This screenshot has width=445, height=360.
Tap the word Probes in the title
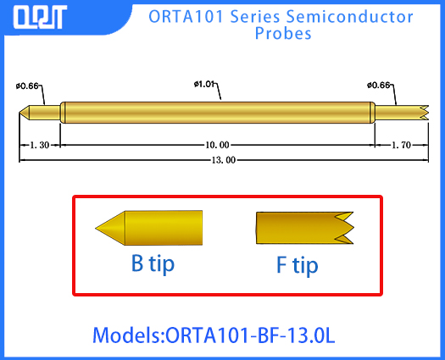(x=283, y=34)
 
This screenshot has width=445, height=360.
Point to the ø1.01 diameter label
(x=207, y=84)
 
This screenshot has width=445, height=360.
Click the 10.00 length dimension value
(x=216, y=145)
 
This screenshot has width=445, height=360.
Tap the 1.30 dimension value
(x=39, y=145)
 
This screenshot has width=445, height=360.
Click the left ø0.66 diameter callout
(x=27, y=85)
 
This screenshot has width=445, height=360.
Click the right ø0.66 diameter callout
(x=379, y=85)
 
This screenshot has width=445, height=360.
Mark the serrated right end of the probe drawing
(x=420, y=111)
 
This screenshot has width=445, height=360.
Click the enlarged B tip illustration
(x=149, y=227)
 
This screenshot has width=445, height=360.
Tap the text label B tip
(x=153, y=263)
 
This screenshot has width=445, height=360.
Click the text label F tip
(x=298, y=265)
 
